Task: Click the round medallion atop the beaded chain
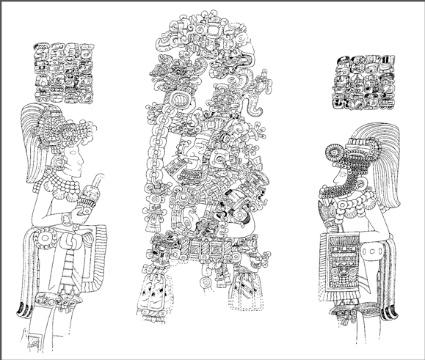coord(177,100)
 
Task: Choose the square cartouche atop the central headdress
coord(214,32)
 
